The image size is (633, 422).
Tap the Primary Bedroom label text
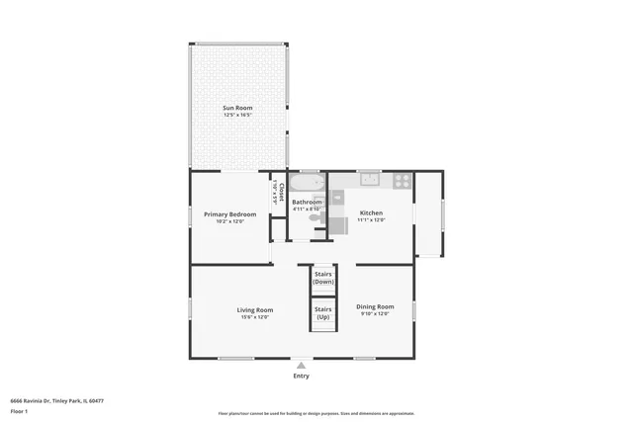(x=229, y=213)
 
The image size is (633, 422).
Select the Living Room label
(x=254, y=309)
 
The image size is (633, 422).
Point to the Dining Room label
(x=374, y=306)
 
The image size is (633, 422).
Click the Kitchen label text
(x=371, y=212)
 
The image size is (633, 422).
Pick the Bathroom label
(x=307, y=202)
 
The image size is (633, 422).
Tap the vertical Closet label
(x=281, y=190)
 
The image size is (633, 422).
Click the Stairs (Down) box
(x=322, y=278)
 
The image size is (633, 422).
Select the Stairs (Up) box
(x=322, y=312)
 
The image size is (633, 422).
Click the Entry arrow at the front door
(x=302, y=365)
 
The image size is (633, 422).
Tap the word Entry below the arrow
(x=302, y=376)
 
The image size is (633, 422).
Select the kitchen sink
(x=369, y=179)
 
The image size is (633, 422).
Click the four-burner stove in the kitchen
(x=402, y=180)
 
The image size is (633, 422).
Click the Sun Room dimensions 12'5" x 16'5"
(x=238, y=115)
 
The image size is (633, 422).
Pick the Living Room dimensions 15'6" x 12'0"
(x=254, y=317)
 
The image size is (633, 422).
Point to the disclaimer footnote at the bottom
(x=316, y=413)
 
